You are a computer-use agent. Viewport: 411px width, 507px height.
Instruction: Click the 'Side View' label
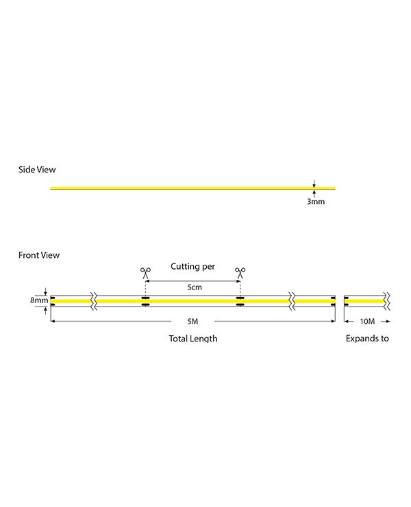(x=37, y=170)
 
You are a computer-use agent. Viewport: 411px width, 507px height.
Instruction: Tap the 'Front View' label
(x=39, y=255)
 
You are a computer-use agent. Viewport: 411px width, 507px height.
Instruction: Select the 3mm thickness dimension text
(x=316, y=201)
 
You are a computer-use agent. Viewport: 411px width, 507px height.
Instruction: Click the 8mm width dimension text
(x=39, y=300)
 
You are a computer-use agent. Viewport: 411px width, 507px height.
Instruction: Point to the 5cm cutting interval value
(x=195, y=287)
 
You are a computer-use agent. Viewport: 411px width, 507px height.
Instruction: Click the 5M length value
(x=192, y=322)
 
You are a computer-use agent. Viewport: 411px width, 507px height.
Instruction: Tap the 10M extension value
(x=367, y=322)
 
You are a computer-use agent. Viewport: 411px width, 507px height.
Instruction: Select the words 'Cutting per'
(x=192, y=266)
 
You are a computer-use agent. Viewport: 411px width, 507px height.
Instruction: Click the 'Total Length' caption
(x=193, y=339)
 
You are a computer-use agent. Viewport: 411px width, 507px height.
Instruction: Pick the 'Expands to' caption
(x=367, y=339)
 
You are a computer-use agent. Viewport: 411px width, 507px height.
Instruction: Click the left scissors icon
(x=145, y=273)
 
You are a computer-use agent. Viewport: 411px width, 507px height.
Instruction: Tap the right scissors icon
(x=240, y=273)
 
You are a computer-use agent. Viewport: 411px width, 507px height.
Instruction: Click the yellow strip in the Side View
(x=193, y=188)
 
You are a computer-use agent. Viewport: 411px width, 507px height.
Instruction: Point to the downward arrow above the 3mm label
(x=314, y=183)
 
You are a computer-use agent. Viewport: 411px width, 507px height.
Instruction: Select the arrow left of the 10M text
(x=349, y=322)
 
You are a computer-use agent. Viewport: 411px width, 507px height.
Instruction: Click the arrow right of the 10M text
(x=386, y=322)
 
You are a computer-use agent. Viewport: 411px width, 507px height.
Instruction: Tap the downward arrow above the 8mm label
(x=45, y=291)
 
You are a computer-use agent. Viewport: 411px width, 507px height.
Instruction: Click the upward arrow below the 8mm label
(x=45, y=311)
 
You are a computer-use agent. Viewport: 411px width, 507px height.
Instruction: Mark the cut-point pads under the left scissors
(x=145, y=301)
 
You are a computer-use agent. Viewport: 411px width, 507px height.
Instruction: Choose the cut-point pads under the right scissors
(x=240, y=301)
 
